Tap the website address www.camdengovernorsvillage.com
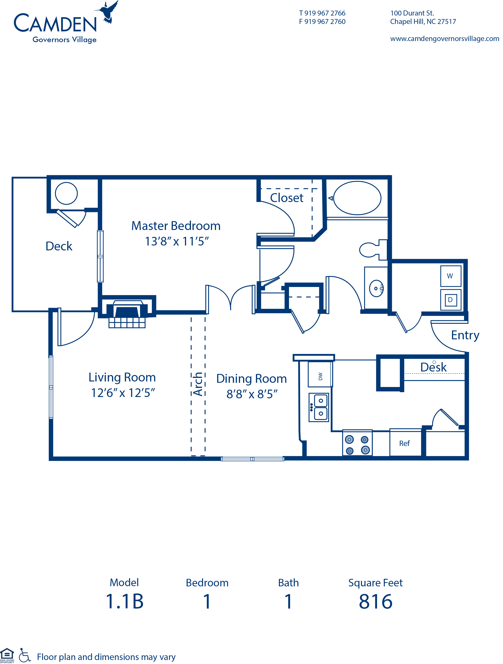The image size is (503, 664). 444,39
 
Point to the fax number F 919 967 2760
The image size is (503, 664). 322,22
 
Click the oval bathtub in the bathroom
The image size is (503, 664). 357,198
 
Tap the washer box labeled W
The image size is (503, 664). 450,276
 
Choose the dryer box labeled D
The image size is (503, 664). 450,300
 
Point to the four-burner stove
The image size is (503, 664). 357,444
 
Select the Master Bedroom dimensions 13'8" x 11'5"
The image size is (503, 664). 177,241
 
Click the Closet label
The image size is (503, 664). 286,198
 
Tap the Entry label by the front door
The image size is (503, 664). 465,335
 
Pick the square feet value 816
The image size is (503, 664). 375,601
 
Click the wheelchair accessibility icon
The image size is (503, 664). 25,656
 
